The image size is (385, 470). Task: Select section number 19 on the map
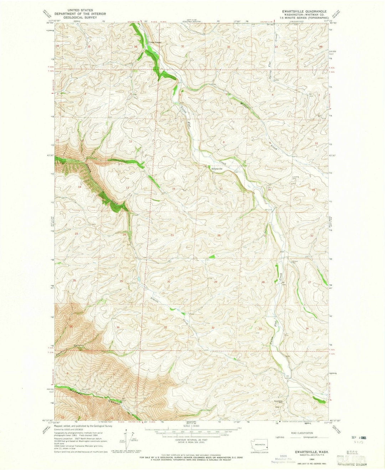pos(172,235)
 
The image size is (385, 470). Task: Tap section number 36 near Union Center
pos(135,47)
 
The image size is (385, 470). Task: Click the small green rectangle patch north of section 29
pos(212,256)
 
